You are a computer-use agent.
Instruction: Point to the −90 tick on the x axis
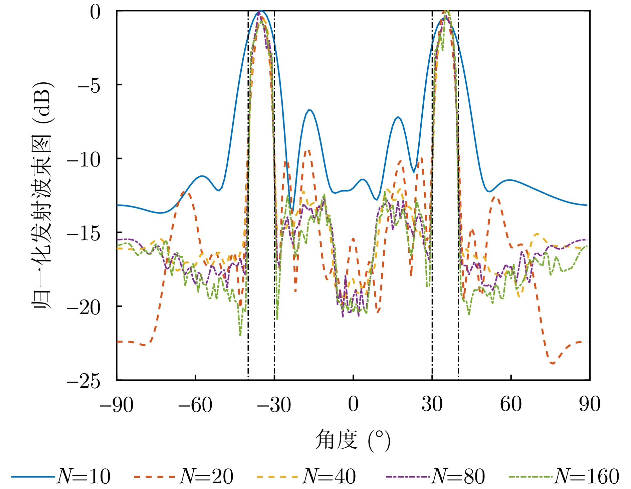117,405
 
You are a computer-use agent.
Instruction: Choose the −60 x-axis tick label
195,405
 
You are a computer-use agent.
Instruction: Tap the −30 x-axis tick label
274,405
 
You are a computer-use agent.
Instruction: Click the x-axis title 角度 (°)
353,440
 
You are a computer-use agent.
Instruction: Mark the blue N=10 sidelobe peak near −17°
309,110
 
